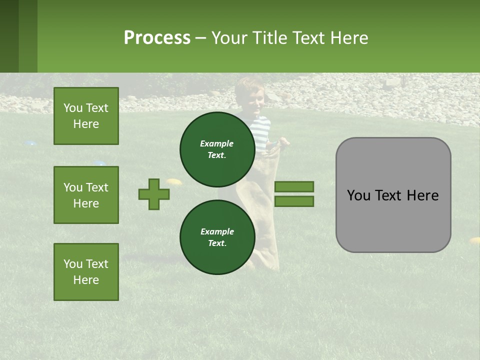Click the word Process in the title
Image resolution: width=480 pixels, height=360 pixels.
click(x=157, y=37)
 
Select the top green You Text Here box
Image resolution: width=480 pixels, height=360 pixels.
click(x=86, y=116)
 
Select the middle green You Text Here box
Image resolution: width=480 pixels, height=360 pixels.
click(x=86, y=195)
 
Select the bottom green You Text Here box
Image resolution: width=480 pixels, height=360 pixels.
click(x=86, y=271)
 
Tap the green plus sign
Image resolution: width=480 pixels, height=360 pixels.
click(x=154, y=194)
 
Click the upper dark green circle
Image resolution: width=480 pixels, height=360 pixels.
click(x=217, y=149)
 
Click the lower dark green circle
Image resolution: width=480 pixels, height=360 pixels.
click(x=217, y=237)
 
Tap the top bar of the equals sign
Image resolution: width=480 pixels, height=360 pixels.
click(x=294, y=186)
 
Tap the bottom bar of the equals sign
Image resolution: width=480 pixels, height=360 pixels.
click(x=294, y=201)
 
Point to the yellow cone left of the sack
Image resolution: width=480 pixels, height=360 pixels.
click(x=173, y=181)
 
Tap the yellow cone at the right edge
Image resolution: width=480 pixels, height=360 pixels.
click(x=474, y=240)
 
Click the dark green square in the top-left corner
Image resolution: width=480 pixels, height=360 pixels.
click(x=9, y=36)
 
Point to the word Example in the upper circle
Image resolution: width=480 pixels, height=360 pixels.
click(x=216, y=143)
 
